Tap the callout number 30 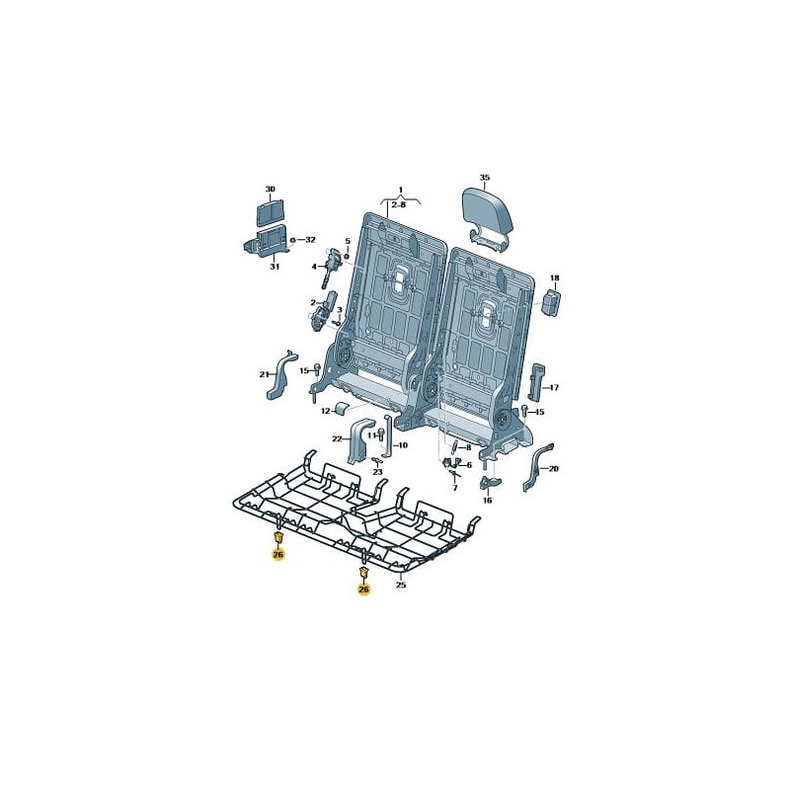[271, 189]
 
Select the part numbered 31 [266, 241]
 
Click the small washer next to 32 [292, 239]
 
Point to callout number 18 [555, 277]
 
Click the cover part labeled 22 [359, 439]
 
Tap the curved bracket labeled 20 [537, 467]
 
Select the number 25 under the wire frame [401, 585]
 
